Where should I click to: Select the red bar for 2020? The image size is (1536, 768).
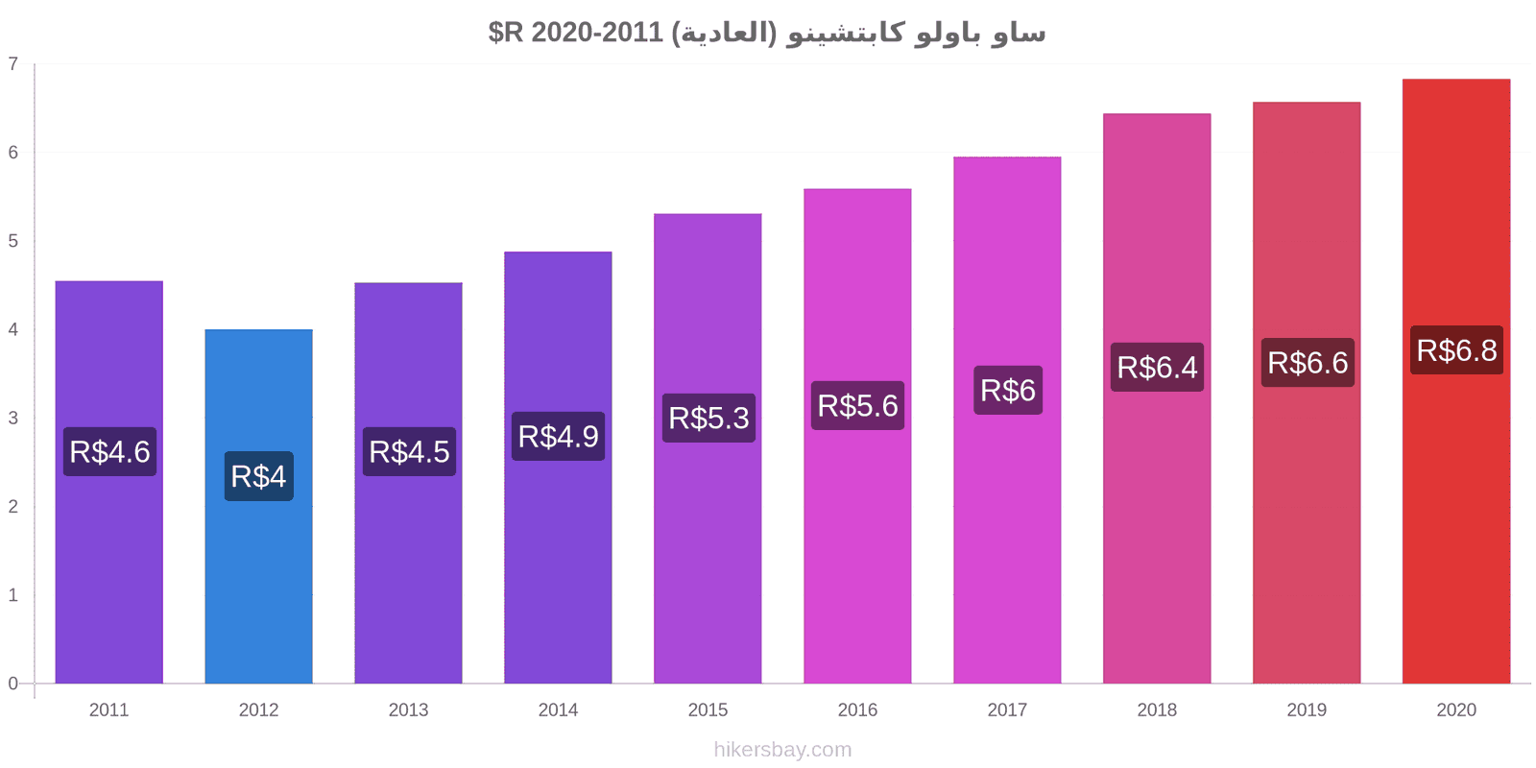[1456, 528]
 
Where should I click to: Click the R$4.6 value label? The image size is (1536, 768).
[109, 451]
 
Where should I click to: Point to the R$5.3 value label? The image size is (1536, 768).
[708, 418]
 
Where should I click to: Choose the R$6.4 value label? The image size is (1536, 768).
[1157, 367]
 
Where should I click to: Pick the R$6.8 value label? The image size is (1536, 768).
[1456, 350]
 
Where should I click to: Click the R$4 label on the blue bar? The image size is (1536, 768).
[258, 476]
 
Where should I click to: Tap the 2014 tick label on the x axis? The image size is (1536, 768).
[558, 710]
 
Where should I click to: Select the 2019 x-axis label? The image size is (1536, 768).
[1307, 710]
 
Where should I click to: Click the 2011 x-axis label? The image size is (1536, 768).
[108, 710]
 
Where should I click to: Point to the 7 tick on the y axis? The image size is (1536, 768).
[13, 64]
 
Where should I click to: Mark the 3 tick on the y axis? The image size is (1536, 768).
[13, 418]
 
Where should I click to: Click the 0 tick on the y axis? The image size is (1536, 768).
[13, 684]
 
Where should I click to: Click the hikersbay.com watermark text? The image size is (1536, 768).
[782, 750]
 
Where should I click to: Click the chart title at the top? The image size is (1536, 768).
[767, 33]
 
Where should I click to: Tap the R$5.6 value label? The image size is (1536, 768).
[857, 405]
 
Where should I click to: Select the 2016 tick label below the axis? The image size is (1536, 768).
[857, 710]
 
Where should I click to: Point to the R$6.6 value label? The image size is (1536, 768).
[1308, 363]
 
